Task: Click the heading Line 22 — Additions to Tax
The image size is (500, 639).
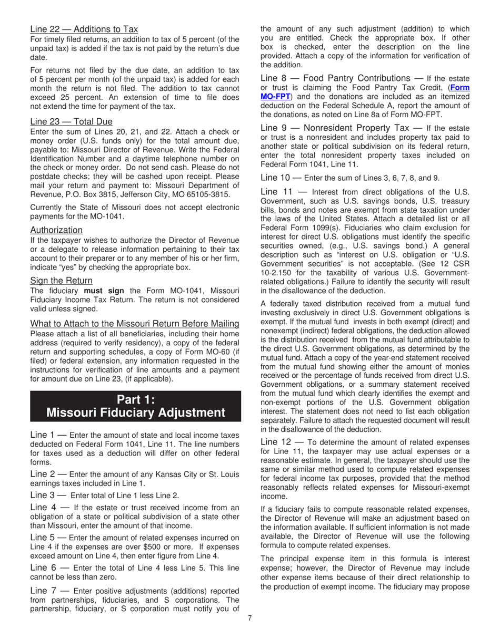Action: [x=84, y=29]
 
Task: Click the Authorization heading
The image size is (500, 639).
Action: [x=56, y=230]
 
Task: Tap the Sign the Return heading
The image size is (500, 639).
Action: [x=61, y=281]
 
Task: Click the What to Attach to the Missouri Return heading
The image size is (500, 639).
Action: [x=135, y=323]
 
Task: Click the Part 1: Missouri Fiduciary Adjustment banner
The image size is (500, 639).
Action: [x=136, y=406]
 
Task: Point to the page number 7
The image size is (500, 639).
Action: [x=250, y=617]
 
